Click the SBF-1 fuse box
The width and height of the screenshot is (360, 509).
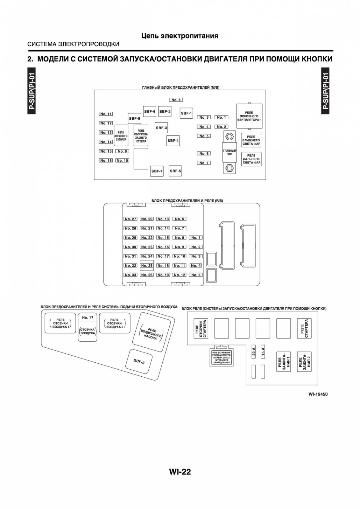pos(186,113)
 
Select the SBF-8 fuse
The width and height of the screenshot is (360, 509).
pos(134,118)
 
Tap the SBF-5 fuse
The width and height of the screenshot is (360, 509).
pos(175,171)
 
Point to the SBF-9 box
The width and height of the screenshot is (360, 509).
pos(139,361)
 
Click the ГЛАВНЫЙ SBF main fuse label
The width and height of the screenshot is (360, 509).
pos(229,152)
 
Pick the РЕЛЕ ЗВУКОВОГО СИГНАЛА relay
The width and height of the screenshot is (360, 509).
pos(121,136)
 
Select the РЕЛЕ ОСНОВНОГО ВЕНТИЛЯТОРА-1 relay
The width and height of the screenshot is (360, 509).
pos(249,116)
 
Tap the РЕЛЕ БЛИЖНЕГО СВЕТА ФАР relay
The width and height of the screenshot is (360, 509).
pos(251,140)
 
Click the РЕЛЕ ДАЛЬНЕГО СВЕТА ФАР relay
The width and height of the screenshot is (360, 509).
pos(251,159)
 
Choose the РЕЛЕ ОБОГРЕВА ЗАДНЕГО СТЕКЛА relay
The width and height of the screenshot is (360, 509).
pos(141,136)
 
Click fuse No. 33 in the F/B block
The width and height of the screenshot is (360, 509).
pos(130,275)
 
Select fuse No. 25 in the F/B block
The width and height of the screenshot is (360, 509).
pos(147,266)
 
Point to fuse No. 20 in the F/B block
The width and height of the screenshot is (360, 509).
pos(147,219)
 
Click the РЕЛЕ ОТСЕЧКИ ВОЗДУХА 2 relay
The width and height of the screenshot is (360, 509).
pos(115,323)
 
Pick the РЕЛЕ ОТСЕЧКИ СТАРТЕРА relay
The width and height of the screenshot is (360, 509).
pos(201,328)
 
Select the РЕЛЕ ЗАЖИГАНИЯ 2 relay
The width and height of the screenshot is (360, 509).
pos(304,362)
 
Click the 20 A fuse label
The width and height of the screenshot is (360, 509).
pos(254,352)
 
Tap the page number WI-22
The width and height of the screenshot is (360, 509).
pos(180,472)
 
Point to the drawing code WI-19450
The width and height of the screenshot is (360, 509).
pos(318,394)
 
